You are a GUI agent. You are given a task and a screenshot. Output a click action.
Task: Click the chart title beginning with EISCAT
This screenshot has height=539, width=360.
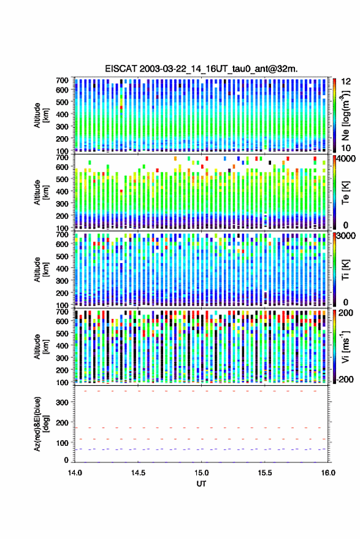(x=201, y=69)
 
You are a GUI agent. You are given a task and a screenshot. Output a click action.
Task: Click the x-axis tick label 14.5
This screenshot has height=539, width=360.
(x=138, y=473)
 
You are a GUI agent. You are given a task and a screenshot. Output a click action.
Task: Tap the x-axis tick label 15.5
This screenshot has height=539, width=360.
(x=264, y=473)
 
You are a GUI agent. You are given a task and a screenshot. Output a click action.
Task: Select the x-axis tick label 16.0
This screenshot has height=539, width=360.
(x=328, y=473)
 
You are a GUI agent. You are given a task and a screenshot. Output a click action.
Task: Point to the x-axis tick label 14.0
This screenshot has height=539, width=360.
(x=75, y=473)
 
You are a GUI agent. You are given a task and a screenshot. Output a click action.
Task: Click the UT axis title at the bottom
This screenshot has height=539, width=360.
(x=201, y=484)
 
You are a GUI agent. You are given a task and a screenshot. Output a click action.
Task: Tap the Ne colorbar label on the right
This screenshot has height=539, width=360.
(x=345, y=115)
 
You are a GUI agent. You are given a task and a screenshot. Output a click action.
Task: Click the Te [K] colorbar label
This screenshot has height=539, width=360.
(x=345, y=193)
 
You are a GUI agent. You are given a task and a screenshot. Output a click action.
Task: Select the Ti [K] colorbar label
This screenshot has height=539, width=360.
(x=345, y=270)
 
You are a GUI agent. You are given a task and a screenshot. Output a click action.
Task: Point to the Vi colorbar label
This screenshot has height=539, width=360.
(x=345, y=346)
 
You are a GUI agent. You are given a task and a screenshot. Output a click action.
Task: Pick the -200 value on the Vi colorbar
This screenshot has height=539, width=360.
(x=344, y=380)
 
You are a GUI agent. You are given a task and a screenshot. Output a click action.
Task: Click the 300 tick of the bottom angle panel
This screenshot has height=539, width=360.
(x=62, y=402)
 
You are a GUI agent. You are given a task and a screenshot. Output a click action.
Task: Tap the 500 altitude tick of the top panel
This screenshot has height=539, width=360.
(x=62, y=102)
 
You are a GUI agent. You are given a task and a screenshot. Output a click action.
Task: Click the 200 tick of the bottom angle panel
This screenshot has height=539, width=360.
(x=62, y=423)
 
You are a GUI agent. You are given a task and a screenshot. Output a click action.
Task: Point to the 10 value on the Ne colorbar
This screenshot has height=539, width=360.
(x=346, y=148)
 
